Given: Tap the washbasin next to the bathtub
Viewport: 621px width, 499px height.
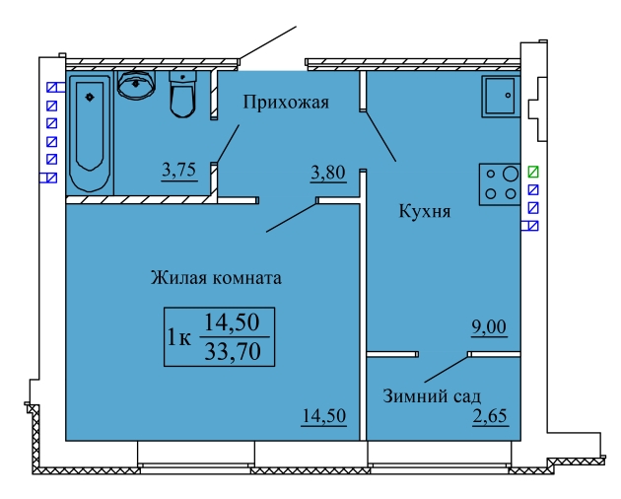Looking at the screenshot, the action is click(136, 85).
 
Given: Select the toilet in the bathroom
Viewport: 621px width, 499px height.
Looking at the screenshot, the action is click(182, 94).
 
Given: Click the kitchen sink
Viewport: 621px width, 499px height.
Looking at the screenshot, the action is click(501, 97).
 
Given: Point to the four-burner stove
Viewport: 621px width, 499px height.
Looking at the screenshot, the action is click(500, 184).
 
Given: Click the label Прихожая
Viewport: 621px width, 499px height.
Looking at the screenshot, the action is click(286, 103).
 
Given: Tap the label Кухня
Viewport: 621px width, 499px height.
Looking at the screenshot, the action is click(425, 211).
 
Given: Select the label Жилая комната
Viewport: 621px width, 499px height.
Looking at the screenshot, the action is click(216, 278).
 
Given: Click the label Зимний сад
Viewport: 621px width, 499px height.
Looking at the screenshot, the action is click(432, 396).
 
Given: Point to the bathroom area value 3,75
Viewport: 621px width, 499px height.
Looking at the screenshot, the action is click(179, 171).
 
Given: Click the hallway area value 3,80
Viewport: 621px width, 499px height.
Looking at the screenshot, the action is click(328, 174).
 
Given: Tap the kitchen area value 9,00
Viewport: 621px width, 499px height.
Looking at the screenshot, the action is click(489, 327).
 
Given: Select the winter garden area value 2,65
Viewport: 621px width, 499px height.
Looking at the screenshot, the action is click(490, 416).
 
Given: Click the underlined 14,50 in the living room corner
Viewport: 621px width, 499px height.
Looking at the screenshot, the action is click(324, 416).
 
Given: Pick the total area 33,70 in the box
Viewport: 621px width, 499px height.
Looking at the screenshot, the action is click(233, 351).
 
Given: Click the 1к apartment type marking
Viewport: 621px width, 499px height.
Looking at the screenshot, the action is click(179, 337).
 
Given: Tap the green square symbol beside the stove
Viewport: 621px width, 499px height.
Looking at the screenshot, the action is click(533, 172).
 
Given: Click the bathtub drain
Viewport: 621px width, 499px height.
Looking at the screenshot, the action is click(90, 97).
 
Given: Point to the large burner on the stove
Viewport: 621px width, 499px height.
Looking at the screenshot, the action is click(511, 174).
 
